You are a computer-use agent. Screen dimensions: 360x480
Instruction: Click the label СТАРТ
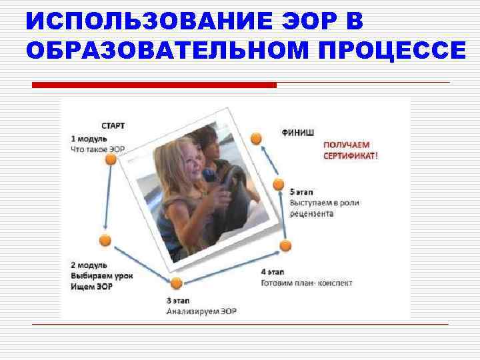[x=113, y=125]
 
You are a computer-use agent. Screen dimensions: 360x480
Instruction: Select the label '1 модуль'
[x=89, y=138]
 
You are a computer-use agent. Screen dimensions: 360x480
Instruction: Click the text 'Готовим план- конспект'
[x=307, y=283]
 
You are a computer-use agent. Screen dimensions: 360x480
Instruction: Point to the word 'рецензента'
[x=312, y=214]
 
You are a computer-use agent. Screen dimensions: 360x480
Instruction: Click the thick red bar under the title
[x=154, y=85]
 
